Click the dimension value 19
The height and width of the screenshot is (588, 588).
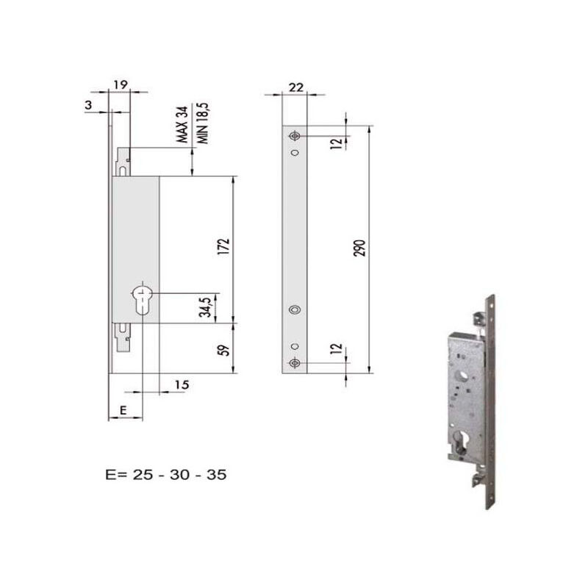tap(121, 85)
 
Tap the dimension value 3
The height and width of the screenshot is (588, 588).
tap(88, 104)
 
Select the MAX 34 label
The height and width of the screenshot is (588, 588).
tap(182, 124)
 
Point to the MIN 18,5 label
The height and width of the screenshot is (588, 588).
tap(204, 123)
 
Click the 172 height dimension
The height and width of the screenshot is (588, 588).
tap(223, 247)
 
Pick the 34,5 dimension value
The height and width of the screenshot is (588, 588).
tap(205, 306)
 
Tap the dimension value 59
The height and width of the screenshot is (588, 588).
tap(223, 350)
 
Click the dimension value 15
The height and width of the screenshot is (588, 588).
tap(182, 384)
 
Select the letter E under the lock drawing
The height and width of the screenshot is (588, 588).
tap(123, 410)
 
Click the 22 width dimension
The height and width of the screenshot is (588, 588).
tap(296, 87)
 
